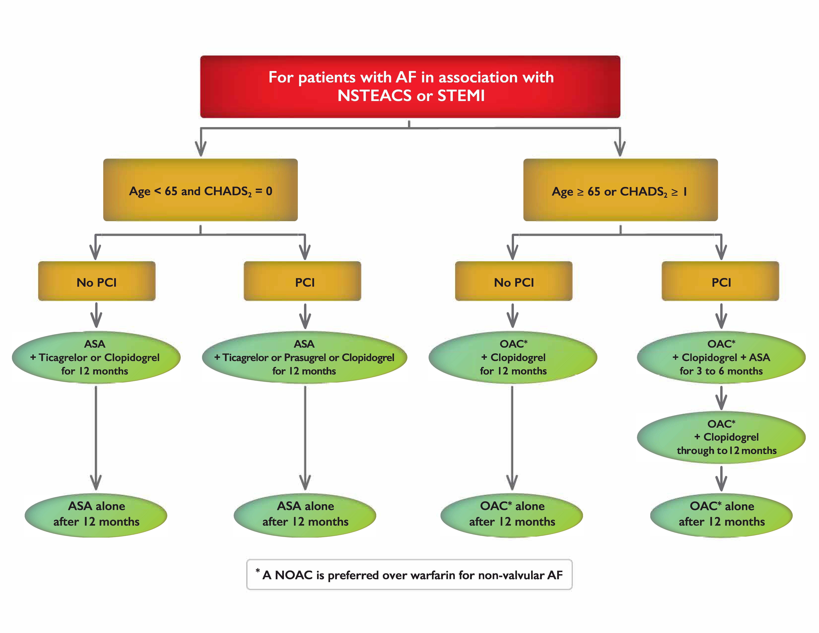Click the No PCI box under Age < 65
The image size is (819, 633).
pyautogui.click(x=97, y=281)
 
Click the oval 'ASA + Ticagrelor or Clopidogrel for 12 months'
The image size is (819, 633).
pyautogui.click(x=96, y=357)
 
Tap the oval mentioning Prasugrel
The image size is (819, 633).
pyautogui.click(x=305, y=357)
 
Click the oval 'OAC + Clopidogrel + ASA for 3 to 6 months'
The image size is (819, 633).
pyautogui.click(x=721, y=357)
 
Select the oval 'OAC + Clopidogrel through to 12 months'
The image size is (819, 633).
pyautogui.click(x=721, y=437)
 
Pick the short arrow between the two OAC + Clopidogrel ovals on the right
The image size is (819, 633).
pyautogui.click(x=721, y=398)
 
